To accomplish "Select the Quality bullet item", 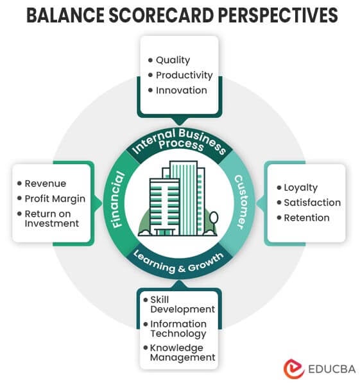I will pos(173,60).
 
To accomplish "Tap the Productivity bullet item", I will pos(184,75).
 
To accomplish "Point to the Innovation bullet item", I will pos(181,90).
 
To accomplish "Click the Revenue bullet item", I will pos(45,183).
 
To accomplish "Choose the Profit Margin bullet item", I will pos(55,199).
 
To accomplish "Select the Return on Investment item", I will pos(51,219).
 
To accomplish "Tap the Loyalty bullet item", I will pos(300,188).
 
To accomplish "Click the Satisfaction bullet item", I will pos(313,203).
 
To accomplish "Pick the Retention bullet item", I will pos(306,218).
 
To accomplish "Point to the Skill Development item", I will pos(182,305).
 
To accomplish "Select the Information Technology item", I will pos(178,328).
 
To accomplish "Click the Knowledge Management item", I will pos(182,353).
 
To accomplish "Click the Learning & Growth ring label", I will pos(179,260).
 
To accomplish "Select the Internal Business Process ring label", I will pos(178,142).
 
